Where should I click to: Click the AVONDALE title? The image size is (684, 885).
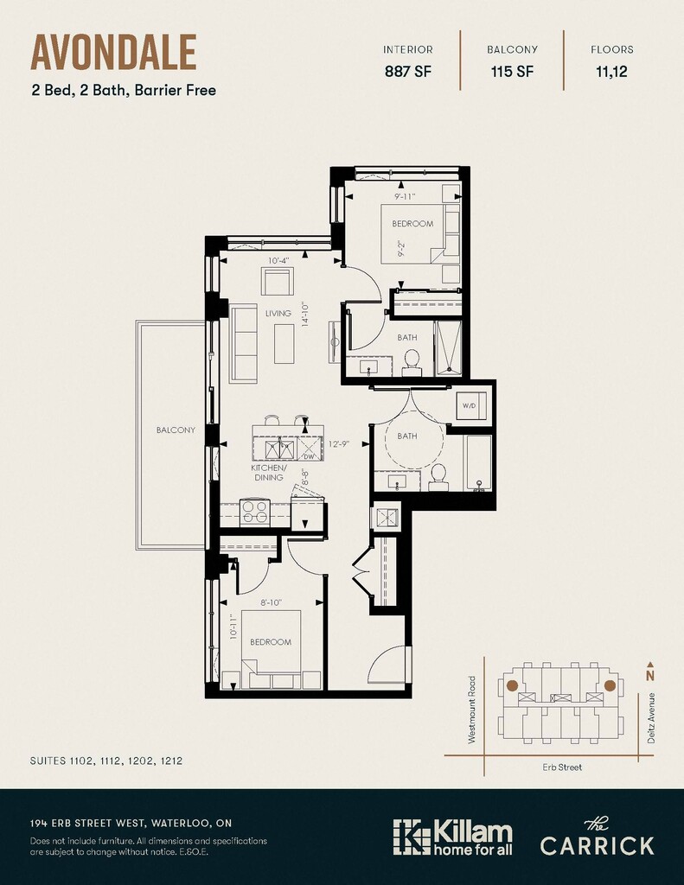coord(113,52)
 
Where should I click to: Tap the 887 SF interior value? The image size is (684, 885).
coord(407,72)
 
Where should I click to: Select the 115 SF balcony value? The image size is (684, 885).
coord(512,72)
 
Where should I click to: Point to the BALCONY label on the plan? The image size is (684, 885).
coord(176,430)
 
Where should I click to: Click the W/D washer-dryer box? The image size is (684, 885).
coord(471,405)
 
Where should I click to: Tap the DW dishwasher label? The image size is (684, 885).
coord(309,456)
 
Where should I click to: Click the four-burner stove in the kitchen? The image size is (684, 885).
coord(254,512)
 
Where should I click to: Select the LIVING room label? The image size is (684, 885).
coord(278,313)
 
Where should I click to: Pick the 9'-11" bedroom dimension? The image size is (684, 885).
coord(405,197)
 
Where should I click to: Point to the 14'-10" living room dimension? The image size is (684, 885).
coord(305,314)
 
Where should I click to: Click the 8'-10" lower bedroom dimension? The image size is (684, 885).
coord(272,602)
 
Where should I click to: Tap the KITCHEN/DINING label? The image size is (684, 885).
coord(269,473)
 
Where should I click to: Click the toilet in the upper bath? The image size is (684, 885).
coord(412,363)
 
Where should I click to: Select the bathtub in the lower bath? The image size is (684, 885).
coord(478,463)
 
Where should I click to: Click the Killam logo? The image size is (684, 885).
coord(452,837)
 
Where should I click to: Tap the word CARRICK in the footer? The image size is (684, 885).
coord(597,845)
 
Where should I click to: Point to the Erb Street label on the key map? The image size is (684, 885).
coord(562,767)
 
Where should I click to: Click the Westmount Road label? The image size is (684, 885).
coord(472,710)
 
